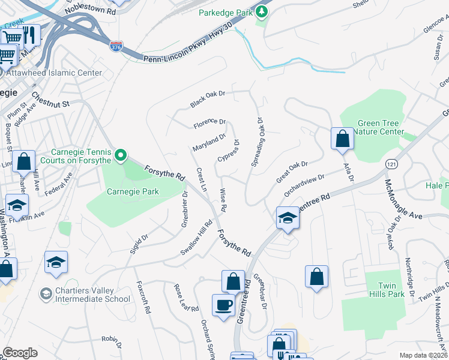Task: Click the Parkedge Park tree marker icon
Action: click(x=261, y=12)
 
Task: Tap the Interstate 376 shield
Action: click(x=116, y=46)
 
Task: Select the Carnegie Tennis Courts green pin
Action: click(x=121, y=157)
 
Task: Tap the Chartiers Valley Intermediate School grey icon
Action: click(x=46, y=293)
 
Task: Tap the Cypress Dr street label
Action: click(x=229, y=151)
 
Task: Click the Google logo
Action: click(x=20, y=353)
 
